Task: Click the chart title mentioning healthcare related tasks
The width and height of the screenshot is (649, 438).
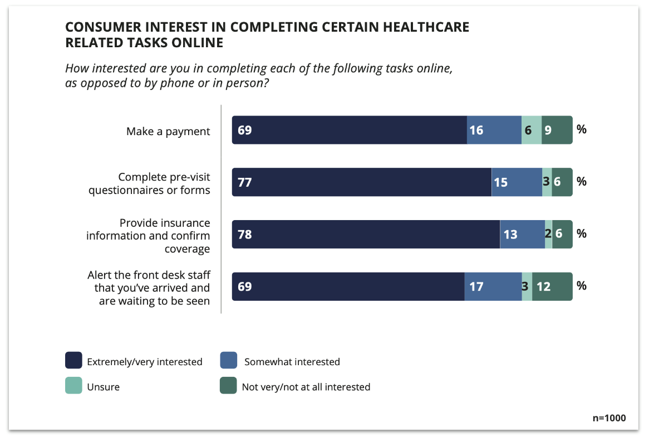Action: click(x=267, y=34)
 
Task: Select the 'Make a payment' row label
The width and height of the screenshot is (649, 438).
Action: click(x=168, y=131)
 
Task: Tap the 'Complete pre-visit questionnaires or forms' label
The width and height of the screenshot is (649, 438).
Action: click(x=164, y=183)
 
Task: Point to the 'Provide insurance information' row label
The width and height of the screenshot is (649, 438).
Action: click(x=148, y=236)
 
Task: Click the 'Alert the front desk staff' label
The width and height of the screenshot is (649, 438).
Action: click(x=149, y=288)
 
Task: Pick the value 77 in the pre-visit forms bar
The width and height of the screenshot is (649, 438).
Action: click(x=245, y=182)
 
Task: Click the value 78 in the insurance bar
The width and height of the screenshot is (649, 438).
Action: click(x=245, y=235)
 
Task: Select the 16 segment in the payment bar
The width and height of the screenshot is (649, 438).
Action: click(x=494, y=130)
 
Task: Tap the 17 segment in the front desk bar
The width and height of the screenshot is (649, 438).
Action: click(x=493, y=287)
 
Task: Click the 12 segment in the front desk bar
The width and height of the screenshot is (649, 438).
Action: click(x=552, y=287)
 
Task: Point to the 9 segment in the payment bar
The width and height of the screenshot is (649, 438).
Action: click(x=557, y=130)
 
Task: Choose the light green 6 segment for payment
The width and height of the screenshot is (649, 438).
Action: click(x=531, y=130)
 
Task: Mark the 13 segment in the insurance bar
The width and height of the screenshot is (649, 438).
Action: click(x=522, y=235)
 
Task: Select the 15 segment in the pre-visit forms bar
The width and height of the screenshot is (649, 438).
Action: click(x=516, y=182)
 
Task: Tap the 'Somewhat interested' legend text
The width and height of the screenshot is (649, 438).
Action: click(x=292, y=362)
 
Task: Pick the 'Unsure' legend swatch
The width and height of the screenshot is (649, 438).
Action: click(x=73, y=386)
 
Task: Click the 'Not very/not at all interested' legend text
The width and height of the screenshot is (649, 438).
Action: click(x=306, y=387)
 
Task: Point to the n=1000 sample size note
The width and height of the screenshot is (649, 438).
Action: click(x=609, y=418)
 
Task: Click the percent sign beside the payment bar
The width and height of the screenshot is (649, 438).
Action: click(x=582, y=130)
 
